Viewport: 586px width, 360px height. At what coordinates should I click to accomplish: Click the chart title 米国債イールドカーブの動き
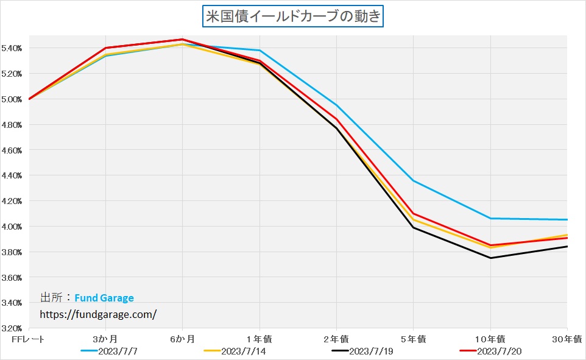point(292,16)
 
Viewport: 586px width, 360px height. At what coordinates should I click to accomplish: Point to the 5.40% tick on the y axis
point(13,48)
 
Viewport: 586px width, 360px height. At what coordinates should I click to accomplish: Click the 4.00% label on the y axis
point(13,227)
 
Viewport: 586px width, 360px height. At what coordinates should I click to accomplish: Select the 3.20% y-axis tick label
point(13,328)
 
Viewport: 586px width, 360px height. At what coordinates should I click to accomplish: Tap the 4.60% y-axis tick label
point(13,150)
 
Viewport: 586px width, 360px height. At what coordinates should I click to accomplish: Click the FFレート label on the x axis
point(29,339)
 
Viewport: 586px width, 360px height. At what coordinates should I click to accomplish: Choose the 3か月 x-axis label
point(106,339)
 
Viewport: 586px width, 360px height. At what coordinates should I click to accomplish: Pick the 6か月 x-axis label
point(183,339)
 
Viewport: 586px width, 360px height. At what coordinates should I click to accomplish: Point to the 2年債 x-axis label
point(337,339)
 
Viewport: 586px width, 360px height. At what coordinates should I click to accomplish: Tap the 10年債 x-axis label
point(490,339)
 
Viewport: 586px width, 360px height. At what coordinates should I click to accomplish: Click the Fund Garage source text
point(104,298)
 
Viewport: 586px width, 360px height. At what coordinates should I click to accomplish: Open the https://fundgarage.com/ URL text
point(98,314)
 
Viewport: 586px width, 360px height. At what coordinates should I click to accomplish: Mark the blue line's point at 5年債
point(414,181)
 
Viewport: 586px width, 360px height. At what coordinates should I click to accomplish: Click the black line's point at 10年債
point(490,258)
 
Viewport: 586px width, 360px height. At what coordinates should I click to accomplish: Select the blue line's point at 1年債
point(260,51)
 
